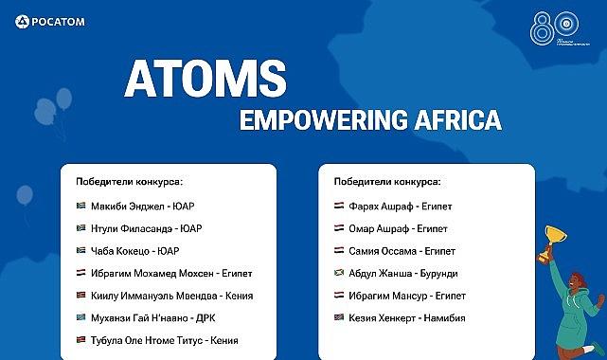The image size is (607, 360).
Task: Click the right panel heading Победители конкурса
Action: [x=386, y=181]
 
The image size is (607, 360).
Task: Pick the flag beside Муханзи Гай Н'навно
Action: [x=80, y=318]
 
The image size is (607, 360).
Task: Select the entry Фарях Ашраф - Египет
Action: [x=397, y=205]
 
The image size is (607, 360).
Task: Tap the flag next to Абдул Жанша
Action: [x=339, y=273]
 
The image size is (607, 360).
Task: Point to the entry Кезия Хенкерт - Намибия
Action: [x=406, y=318]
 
